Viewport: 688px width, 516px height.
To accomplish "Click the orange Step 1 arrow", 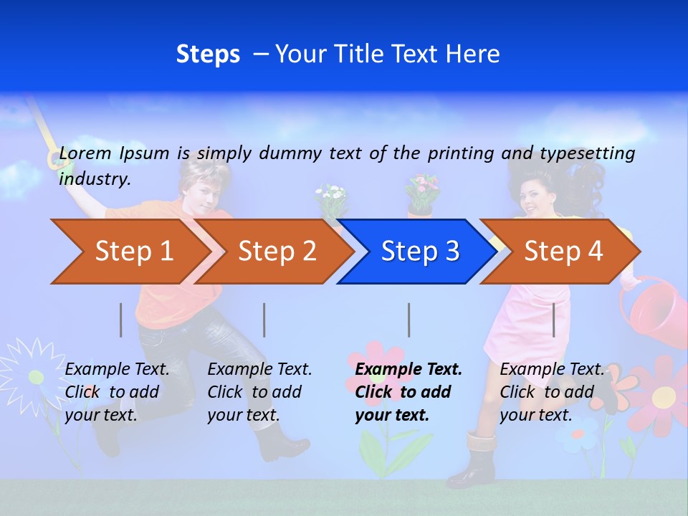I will [x=129, y=252].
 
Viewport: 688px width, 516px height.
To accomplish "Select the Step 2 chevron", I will [x=276, y=252].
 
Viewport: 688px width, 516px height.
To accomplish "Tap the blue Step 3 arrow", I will [x=419, y=252].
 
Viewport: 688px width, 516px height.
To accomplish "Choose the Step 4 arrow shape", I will [x=563, y=252].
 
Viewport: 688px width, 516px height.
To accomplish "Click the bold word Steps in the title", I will [x=208, y=54].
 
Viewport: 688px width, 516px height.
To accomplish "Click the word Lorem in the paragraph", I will [x=85, y=153].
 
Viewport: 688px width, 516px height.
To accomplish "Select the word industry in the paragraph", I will [x=94, y=179].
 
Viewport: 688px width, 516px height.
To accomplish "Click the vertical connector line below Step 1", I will [x=121, y=320].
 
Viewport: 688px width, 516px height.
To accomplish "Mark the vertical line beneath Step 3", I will [x=409, y=320].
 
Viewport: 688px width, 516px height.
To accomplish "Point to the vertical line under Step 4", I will [x=554, y=320].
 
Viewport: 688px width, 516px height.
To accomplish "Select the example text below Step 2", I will [x=259, y=392].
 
